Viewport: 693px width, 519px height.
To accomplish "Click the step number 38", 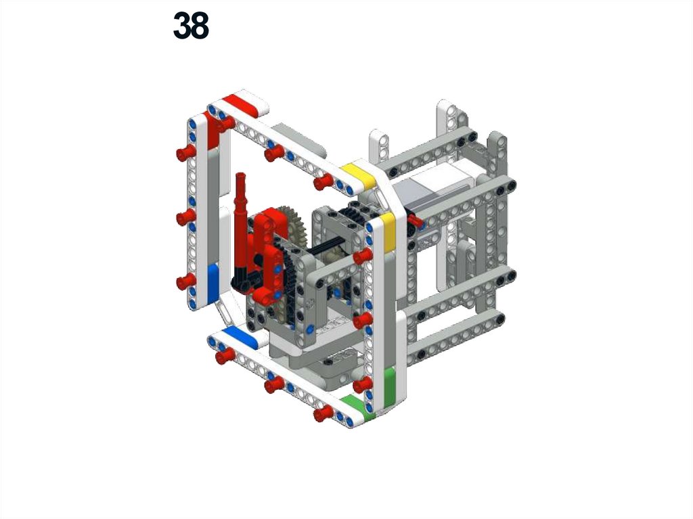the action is tap(191, 26).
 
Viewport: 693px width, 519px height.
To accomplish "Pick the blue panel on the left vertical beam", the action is tap(213, 282).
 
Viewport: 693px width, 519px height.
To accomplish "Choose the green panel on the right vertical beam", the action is tap(389, 384).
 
